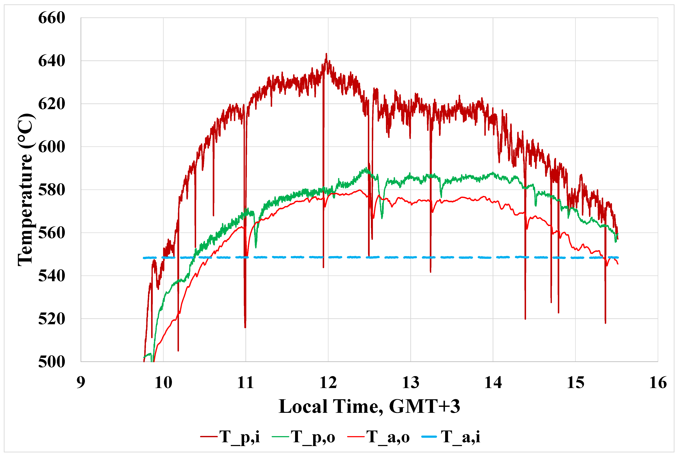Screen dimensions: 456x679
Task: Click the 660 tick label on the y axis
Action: [x=52, y=18]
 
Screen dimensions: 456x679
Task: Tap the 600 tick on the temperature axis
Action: [x=52, y=147]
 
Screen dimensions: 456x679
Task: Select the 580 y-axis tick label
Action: [x=52, y=190]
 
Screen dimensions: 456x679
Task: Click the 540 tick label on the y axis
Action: [x=52, y=276]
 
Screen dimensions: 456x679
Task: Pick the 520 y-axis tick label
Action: [x=52, y=319]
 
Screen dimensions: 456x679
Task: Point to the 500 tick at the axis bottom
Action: [x=52, y=362]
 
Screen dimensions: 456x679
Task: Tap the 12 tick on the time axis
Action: [x=328, y=383]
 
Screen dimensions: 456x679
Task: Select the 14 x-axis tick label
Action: [x=493, y=383]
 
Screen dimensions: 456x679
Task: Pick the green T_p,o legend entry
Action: [x=304, y=437]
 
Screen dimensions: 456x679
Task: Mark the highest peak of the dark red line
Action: [x=326, y=54]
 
